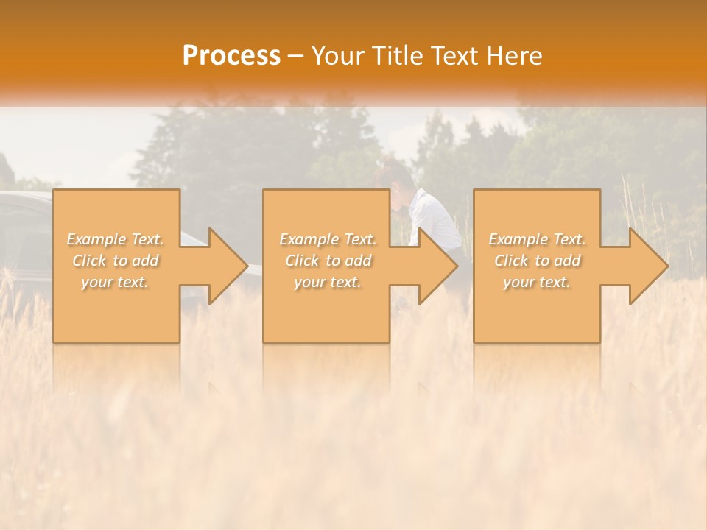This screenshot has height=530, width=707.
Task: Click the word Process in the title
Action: [231, 56]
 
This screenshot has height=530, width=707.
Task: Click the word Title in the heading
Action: [398, 56]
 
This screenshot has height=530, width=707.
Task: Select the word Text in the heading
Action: [455, 56]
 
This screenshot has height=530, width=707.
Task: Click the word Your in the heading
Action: [339, 56]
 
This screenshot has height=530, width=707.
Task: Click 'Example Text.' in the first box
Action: [116, 239]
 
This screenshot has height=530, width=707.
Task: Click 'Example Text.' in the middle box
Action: [328, 239]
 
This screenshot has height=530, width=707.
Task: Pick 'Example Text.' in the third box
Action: [537, 239]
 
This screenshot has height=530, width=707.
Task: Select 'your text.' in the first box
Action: [116, 282]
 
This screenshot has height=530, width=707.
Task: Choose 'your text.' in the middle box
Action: [328, 282]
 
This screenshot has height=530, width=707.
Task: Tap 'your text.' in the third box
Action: [537, 282]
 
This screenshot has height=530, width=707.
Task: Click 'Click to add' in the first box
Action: [116, 261]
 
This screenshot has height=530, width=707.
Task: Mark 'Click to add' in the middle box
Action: [328, 261]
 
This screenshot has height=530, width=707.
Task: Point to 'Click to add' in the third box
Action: [537, 261]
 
